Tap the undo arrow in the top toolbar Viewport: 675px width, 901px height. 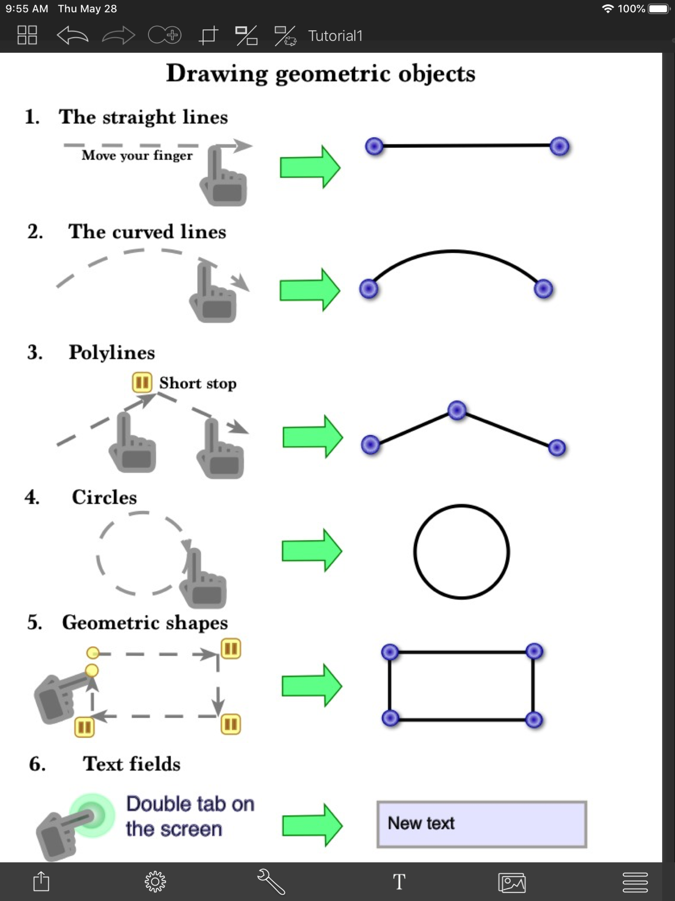[73, 35]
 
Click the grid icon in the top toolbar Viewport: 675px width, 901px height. [27, 35]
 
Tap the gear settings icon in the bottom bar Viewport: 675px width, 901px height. [155, 882]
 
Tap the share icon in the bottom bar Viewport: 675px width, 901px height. [41, 882]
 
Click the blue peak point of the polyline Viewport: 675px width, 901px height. [457, 410]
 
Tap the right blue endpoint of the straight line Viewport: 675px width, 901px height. [559, 146]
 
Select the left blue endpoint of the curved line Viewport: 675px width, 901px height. [369, 289]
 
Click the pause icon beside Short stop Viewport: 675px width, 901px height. [142, 383]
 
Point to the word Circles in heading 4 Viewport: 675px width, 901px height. [104, 497]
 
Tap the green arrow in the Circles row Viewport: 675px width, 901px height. [312, 550]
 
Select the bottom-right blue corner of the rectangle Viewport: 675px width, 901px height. [534, 720]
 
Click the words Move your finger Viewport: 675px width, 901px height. [137, 156]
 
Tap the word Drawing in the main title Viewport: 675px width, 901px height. [217, 74]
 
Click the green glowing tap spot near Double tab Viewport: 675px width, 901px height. [92, 815]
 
